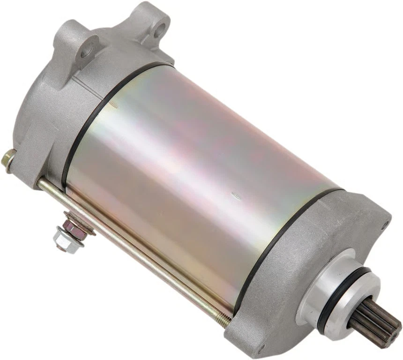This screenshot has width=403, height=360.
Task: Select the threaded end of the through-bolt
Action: (x=224, y=320)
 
